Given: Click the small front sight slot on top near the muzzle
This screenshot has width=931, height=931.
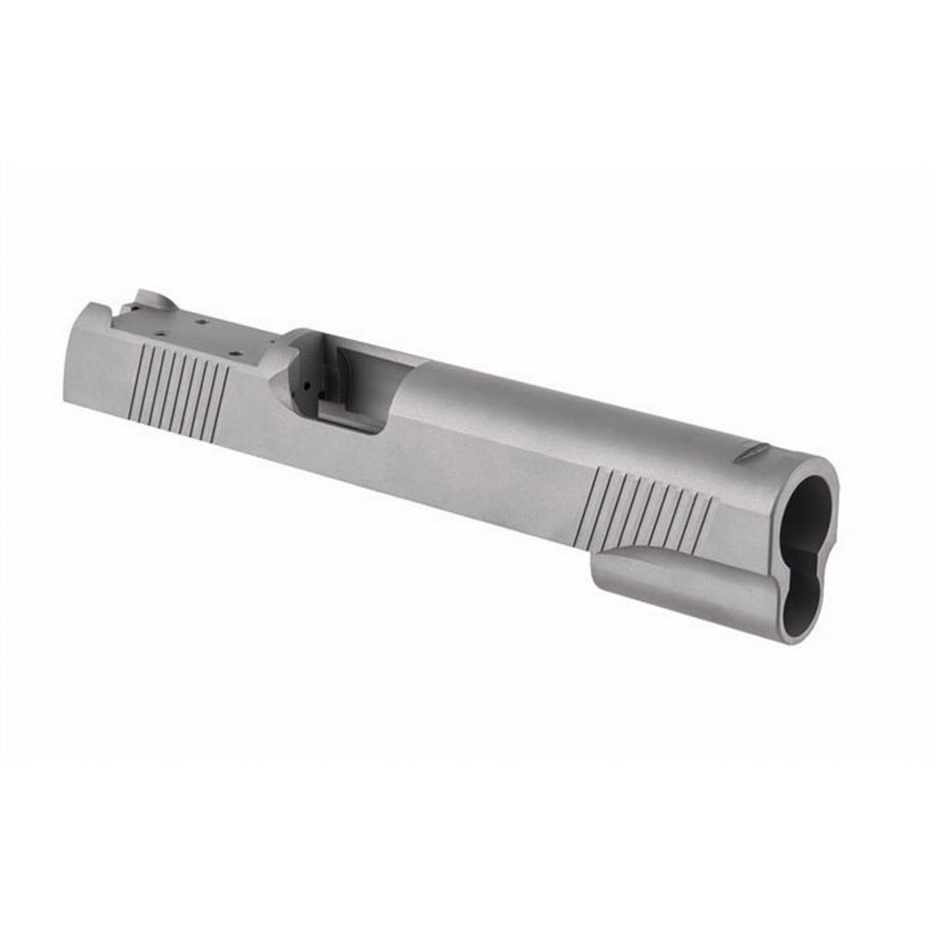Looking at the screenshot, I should tap(751, 453).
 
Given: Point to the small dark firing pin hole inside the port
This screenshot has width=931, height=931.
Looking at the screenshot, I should tap(309, 385).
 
